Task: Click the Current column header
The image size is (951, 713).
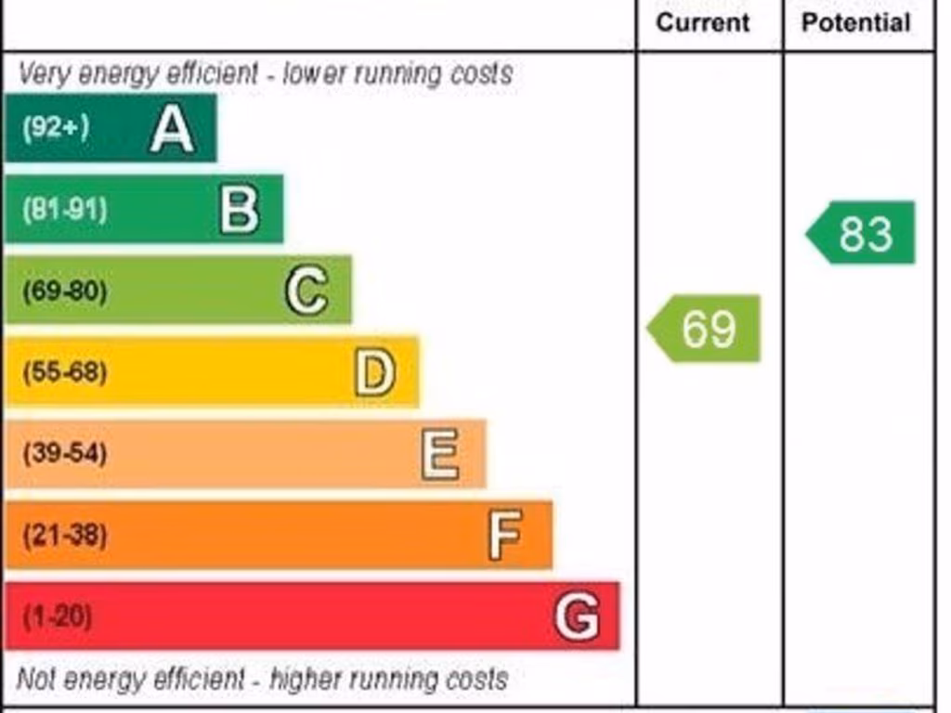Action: [x=703, y=22]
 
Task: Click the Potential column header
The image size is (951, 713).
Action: [x=856, y=22]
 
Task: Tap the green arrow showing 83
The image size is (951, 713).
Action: [x=861, y=233]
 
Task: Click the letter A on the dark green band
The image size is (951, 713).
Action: [x=172, y=128]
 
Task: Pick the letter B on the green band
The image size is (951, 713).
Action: [x=239, y=209]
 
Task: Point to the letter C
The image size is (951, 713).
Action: [x=306, y=291]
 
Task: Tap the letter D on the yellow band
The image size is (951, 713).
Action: [x=374, y=372]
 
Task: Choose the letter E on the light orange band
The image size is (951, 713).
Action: [x=440, y=454]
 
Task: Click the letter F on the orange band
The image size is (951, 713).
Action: [x=505, y=535]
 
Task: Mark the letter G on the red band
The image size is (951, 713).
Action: [x=576, y=616]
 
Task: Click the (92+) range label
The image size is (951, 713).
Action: [x=56, y=128]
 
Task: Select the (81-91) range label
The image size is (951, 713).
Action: [x=64, y=210]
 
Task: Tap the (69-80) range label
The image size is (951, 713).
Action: [x=64, y=292]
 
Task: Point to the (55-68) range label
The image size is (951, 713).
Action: [x=64, y=373]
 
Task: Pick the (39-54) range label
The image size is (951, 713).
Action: [x=64, y=454]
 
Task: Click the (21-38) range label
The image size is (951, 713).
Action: [x=64, y=536]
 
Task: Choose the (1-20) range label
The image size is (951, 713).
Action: [x=58, y=616]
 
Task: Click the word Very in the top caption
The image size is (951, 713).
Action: [x=44, y=74]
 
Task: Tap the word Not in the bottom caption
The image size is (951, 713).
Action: [x=37, y=679]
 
